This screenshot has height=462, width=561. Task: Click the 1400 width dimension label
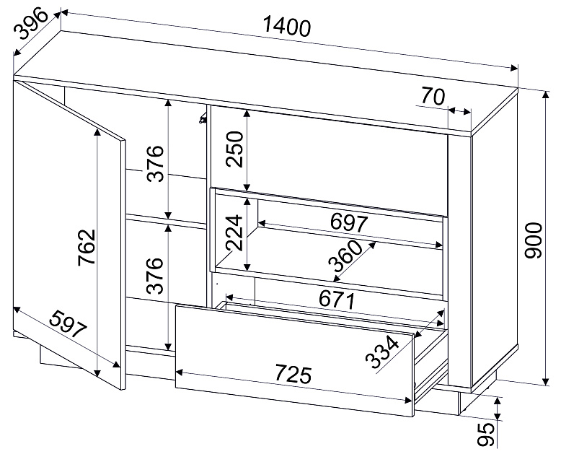(287, 27)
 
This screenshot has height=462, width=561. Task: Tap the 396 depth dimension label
(32, 24)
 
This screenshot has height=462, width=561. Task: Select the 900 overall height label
(533, 240)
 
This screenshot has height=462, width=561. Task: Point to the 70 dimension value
(433, 96)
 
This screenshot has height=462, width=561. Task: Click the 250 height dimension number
(234, 149)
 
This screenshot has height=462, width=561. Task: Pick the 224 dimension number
(234, 232)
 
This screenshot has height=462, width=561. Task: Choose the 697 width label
(348, 222)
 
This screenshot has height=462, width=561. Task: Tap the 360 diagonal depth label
(345, 256)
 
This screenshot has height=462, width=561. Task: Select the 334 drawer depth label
(382, 352)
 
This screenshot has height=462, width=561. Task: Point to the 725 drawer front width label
(293, 375)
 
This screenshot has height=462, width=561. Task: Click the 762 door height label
(87, 247)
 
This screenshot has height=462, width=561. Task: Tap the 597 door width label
(68, 325)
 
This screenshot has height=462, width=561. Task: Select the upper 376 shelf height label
(156, 163)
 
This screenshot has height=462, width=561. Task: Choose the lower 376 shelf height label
(156, 275)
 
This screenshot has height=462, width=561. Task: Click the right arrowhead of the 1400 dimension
(514, 68)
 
